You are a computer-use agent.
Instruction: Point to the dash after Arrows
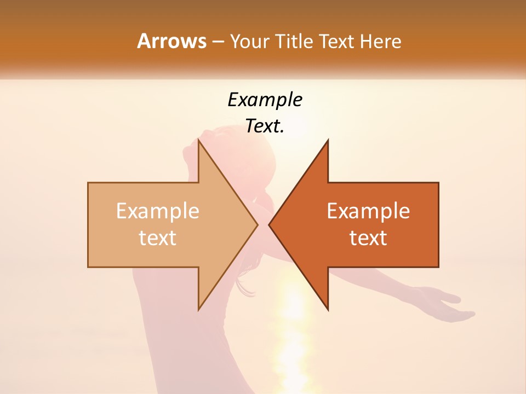click(x=218, y=42)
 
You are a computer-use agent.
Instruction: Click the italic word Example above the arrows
click(x=265, y=100)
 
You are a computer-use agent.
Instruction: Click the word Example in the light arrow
click(x=158, y=211)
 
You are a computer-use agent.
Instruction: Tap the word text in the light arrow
click(x=158, y=238)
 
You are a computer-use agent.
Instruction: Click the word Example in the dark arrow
click(x=368, y=211)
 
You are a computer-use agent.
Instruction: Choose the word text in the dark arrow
click(x=368, y=238)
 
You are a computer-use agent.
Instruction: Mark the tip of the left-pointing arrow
click(x=269, y=224)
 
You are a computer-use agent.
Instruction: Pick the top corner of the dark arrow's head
click(x=328, y=141)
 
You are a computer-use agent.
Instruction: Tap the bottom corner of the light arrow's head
click(x=198, y=309)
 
